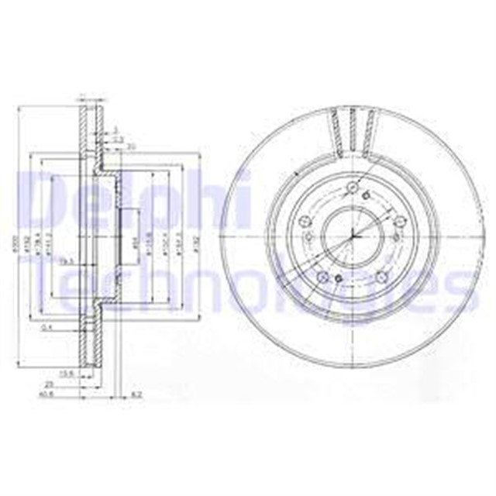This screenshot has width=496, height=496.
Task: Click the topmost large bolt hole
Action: click(354, 187)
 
